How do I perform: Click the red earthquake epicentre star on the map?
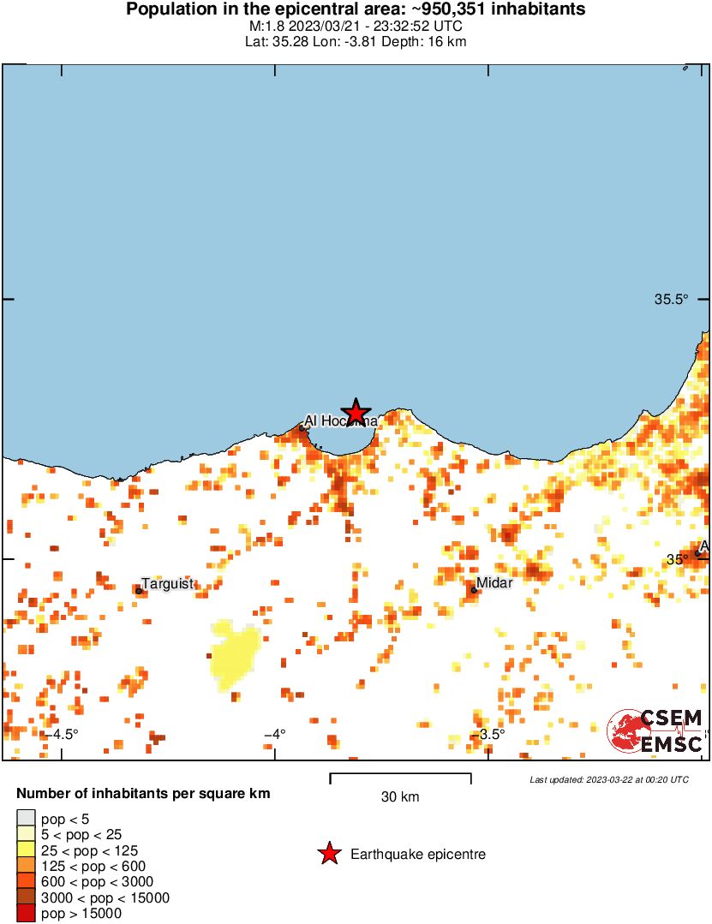pyautogui.click(x=356, y=412)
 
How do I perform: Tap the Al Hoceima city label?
pyautogui.click(x=339, y=421)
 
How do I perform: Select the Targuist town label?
pyautogui.click(x=168, y=584)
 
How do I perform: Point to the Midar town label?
pyautogui.click(x=494, y=583)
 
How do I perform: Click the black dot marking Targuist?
pyautogui.click(x=139, y=590)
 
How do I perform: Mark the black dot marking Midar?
pyautogui.click(x=474, y=589)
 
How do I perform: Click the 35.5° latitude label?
pyautogui.click(x=672, y=300)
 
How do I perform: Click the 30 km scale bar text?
pyautogui.click(x=400, y=797)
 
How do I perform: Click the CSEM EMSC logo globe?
pyautogui.click(x=629, y=731)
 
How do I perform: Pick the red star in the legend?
pyautogui.click(x=328, y=854)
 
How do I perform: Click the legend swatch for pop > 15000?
pyautogui.click(x=27, y=914)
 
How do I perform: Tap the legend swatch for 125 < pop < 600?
pyautogui.click(x=27, y=867)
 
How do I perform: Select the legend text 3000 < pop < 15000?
pyautogui.click(x=105, y=897)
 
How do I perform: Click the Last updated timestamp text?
pyautogui.click(x=609, y=779)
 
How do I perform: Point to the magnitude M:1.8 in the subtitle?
pyautogui.click(x=262, y=26)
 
